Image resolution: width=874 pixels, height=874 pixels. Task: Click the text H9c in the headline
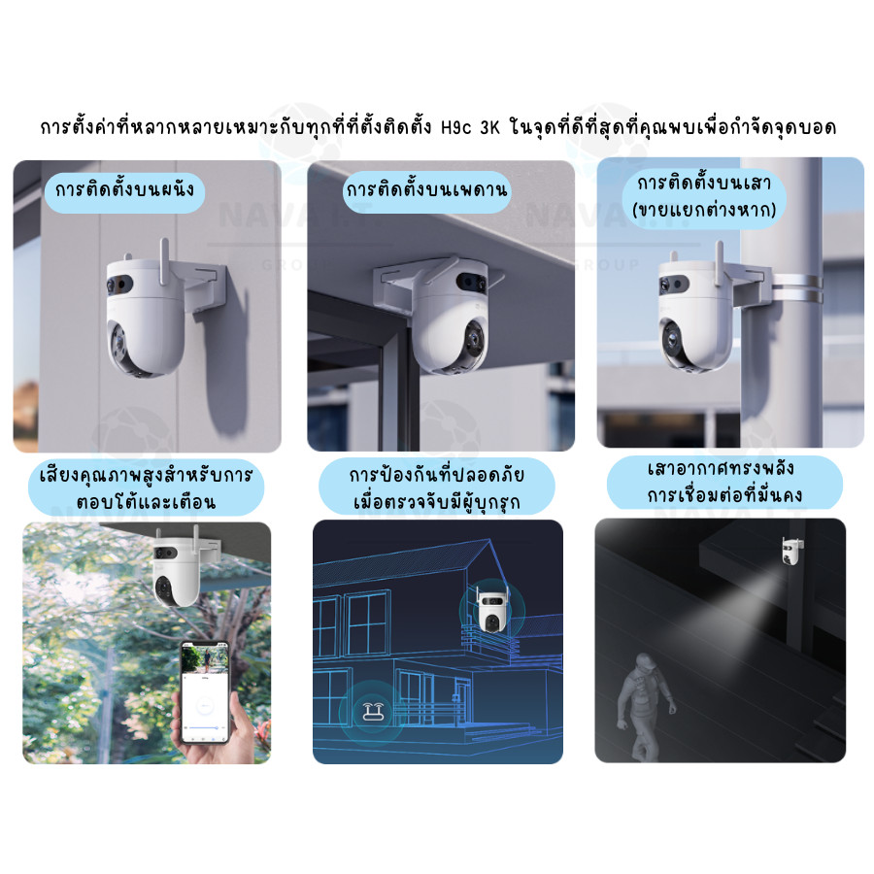point(455,128)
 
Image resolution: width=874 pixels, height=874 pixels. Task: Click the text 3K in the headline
point(490,128)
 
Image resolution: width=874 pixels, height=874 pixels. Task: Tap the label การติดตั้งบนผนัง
point(124,191)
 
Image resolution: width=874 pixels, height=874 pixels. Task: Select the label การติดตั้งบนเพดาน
point(426,191)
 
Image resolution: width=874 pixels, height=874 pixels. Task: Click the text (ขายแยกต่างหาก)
point(704,211)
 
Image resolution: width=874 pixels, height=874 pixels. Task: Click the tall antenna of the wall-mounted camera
point(164,261)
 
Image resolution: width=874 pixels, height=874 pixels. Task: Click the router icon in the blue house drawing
point(373,711)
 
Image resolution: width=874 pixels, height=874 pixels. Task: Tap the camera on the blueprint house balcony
point(491,609)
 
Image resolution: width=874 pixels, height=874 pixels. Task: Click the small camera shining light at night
point(791,551)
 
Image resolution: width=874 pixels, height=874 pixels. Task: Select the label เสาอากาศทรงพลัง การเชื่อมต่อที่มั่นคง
point(724,483)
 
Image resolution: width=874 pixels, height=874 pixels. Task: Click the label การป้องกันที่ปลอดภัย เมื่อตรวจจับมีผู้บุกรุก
point(436,487)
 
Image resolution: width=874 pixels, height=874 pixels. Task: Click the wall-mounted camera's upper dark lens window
point(119,285)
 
